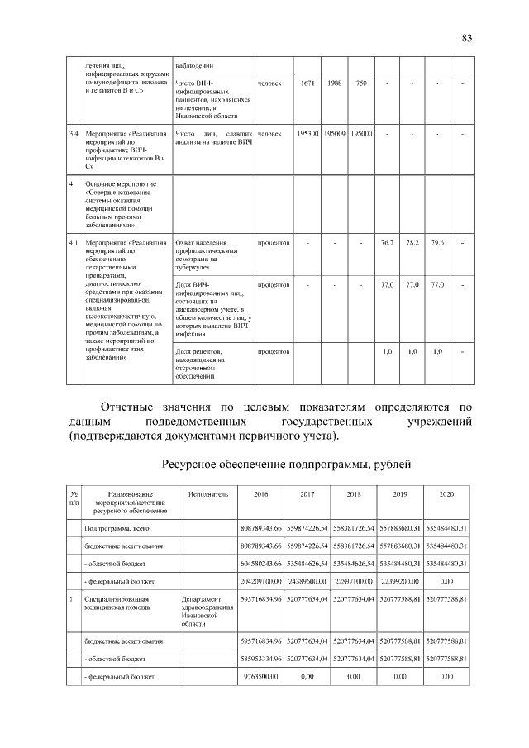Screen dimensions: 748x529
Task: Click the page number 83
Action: (x=466, y=38)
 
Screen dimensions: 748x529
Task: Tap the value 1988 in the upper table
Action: (x=335, y=83)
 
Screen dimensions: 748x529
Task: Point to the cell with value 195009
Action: (x=335, y=133)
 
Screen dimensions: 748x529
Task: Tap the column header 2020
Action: (x=446, y=493)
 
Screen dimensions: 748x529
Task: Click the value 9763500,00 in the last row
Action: (x=263, y=677)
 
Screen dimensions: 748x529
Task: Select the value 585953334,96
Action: (x=260, y=660)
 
